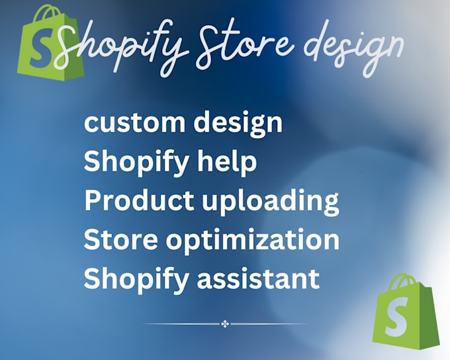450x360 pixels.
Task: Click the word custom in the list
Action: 134,123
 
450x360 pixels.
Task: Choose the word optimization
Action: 253,240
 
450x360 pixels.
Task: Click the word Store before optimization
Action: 120,240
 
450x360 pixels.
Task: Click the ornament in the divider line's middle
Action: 225,324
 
